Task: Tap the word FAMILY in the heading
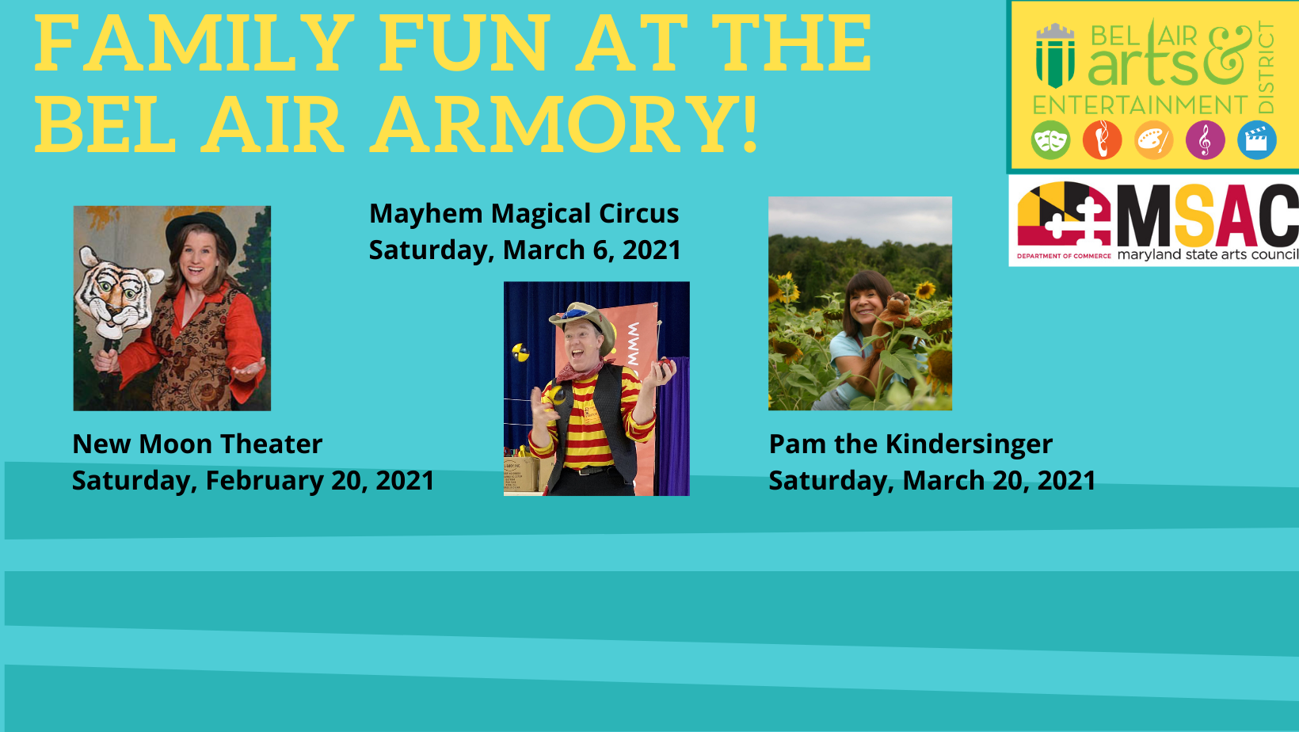coord(194,42)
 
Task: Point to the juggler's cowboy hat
coord(583,324)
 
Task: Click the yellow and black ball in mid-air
coord(520,352)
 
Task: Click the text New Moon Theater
coord(197,444)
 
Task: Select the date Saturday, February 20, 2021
coord(253,481)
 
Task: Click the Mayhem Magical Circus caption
coord(524,214)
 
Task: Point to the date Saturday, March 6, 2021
coord(525,250)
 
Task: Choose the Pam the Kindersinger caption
coord(910,445)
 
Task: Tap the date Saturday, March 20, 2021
coord(932,481)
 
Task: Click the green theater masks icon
coord(1051,139)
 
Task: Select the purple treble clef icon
coord(1205,139)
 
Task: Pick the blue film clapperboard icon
coord(1257,139)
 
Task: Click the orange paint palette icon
coord(1153,139)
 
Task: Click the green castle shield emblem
coord(1055,55)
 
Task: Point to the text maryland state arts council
coord(1208,254)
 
